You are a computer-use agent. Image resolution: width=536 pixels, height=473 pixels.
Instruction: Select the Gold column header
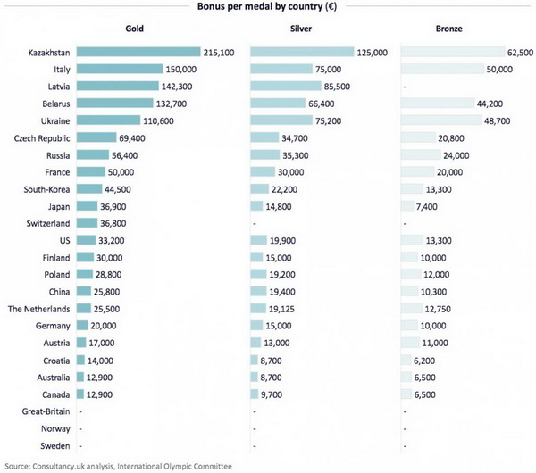click(134, 29)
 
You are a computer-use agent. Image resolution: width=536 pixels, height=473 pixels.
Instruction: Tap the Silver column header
click(301, 29)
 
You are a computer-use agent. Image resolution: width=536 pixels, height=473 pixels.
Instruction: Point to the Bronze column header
click(448, 29)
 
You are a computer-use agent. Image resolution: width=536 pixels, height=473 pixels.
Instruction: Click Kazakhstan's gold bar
click(138, 52)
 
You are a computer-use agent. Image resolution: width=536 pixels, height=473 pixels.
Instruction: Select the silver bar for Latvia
click(286, 86)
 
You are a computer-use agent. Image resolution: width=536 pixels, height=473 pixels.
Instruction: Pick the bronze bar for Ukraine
click(441, 120)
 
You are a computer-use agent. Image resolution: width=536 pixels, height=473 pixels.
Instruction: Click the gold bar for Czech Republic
click(96, 137)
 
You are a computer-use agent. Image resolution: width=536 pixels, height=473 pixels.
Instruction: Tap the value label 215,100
click(219, 53)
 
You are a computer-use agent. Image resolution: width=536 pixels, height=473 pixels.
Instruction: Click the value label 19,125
click(281, 309)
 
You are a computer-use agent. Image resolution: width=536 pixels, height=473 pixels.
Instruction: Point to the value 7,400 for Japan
click(427, 207)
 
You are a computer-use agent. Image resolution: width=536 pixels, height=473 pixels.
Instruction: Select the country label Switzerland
click(48, 223)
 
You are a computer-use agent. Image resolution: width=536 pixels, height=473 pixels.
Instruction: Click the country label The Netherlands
click(39, 309)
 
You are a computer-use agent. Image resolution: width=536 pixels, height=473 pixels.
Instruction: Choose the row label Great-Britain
click(46, 411)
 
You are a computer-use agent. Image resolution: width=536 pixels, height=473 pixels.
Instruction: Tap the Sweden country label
click(55, 445)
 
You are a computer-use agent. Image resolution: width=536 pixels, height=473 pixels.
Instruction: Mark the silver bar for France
click(263, 171)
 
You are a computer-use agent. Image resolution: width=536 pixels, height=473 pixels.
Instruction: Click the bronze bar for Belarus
click(438, 104)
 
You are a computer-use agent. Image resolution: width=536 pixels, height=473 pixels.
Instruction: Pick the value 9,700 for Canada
click(272, 394)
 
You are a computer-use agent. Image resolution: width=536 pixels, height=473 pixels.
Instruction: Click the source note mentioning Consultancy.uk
click(118, 466)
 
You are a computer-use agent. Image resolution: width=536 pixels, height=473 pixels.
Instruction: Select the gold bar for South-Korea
click(89, 188)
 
